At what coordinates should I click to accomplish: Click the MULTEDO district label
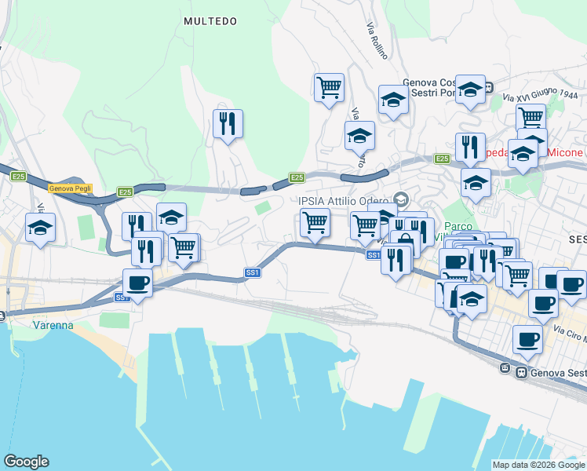210,21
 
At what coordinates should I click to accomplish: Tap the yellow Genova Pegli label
71,188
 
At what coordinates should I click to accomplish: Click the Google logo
26,462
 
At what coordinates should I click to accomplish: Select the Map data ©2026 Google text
538,465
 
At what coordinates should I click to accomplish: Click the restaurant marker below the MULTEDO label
228,123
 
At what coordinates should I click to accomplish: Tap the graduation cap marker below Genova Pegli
40,228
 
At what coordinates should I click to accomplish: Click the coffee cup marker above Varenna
137,283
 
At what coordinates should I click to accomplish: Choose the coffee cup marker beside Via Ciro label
527,340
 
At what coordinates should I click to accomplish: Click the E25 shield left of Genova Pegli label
18,177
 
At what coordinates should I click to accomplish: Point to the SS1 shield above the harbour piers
252,272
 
